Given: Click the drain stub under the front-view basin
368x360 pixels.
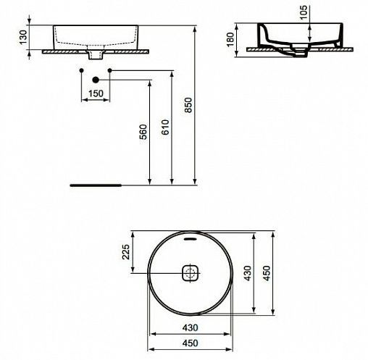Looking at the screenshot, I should [96, 55].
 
